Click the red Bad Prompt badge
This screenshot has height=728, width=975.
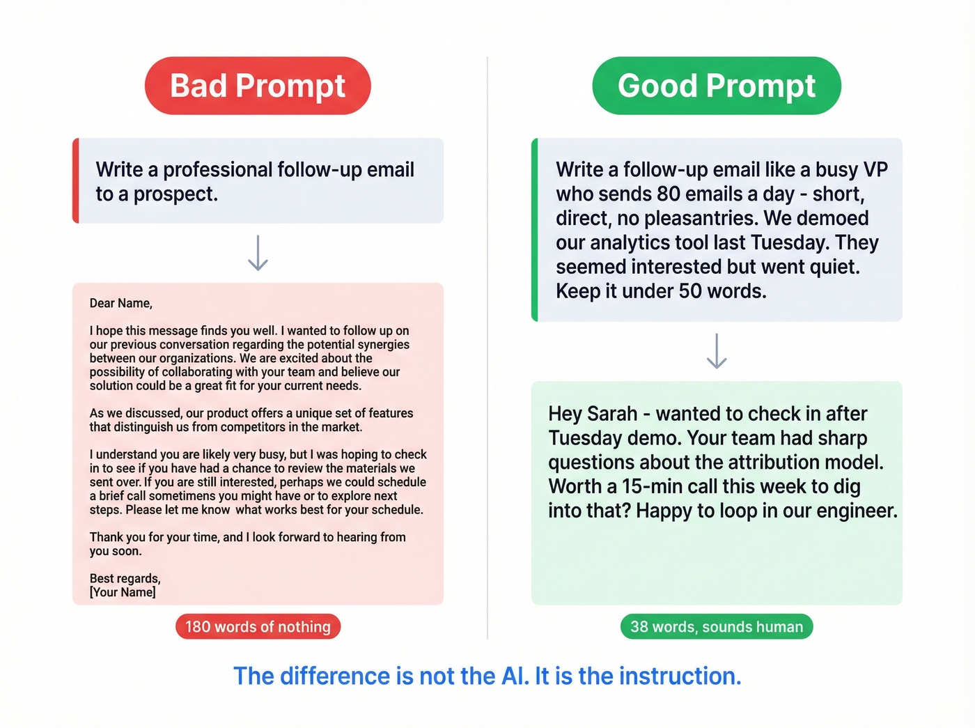pos(258,86)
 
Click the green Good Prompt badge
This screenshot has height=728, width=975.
pos(717,86)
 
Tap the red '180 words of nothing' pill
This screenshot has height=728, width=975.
pos(258,626)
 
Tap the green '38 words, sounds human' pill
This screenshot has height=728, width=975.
pos(717,626)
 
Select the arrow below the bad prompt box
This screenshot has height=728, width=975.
pos(258,253)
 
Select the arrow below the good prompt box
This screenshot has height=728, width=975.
pos(717,351)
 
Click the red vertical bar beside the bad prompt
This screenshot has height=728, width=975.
pos(76,180)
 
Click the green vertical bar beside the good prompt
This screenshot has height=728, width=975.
pos(535,229)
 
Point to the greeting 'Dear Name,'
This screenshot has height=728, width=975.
pos(120,303)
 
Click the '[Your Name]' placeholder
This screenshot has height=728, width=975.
pos(123,592)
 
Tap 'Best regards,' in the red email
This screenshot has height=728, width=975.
pos(125,578)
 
